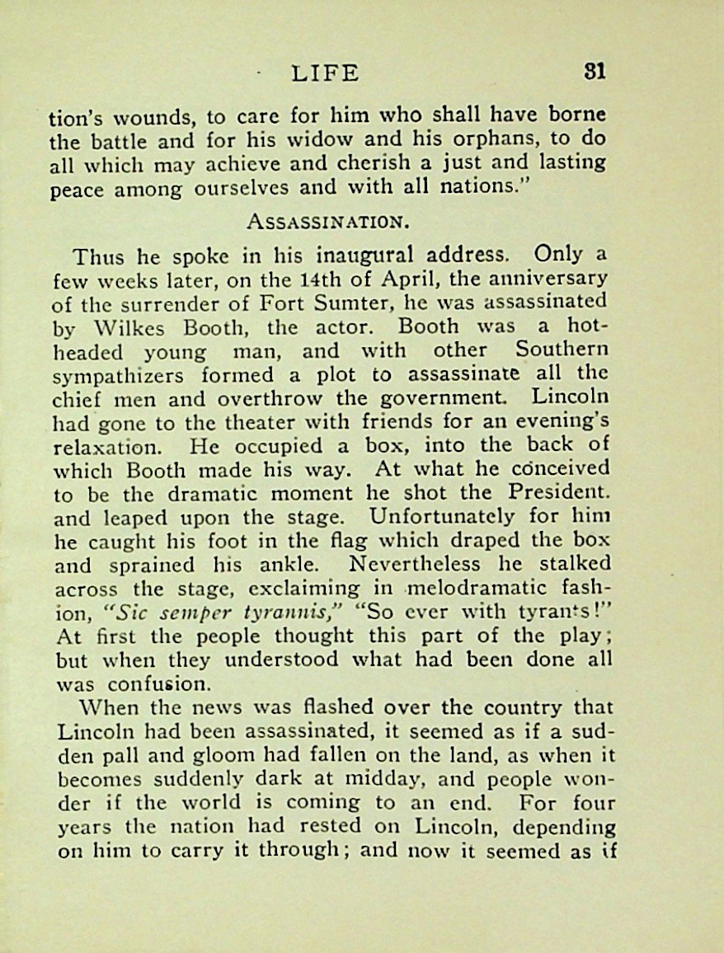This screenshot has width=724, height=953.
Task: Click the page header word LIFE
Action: coord(325,73)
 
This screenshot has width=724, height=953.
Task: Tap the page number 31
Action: coord(594,71)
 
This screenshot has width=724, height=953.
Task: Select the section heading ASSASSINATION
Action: coord(327,222)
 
